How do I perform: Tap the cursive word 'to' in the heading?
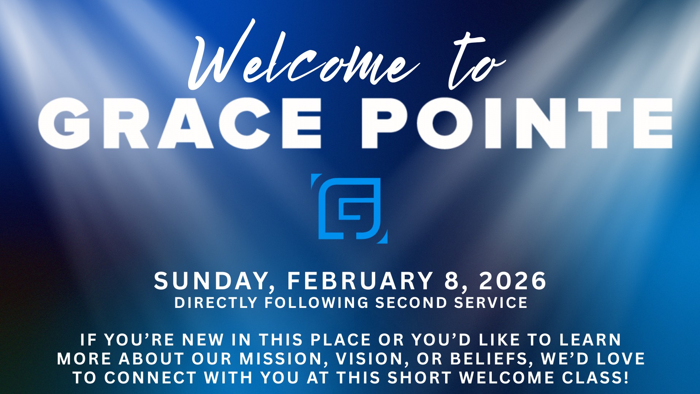click(x=476, y=60)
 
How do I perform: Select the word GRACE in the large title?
click(x=180, y=123)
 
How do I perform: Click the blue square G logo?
click(x=349, y=208)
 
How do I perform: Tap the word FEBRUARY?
click(x=360, y=281)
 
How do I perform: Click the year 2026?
click(x=513, y=281)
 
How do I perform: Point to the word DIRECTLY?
click(x=216, y=303)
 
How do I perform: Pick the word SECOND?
click(x=412, y=303)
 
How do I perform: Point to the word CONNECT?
click(x=151, y=378)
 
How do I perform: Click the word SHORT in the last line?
click(x=420, y=378)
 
